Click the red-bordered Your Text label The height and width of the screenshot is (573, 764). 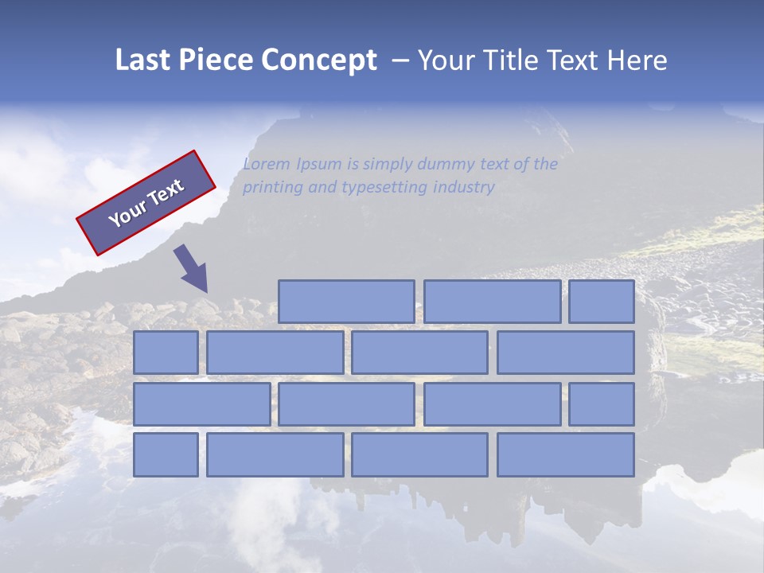pyautogui.click(x=146, y=203)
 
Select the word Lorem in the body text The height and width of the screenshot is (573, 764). pyautogui.click(x=267, y=165)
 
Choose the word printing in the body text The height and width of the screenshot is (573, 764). pyautogui.click(x=271, y=188)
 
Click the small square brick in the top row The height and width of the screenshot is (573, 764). pyautogui.click(x=601, y=302)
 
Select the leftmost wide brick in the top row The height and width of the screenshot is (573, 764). pyautogui.click(x=346, y=302)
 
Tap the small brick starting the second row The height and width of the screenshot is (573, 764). pyautogui.click(x=166, y=353)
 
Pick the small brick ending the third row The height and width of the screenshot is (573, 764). pyautogui.click(x=601, y=404)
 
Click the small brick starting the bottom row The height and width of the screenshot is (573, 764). pyautogui.click(x=166, y=455)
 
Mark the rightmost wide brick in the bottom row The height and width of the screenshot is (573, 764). pyautogui.click(x=565, y=455)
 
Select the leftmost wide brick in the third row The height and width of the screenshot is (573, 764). pyautogui.click(x=201, y=404)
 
